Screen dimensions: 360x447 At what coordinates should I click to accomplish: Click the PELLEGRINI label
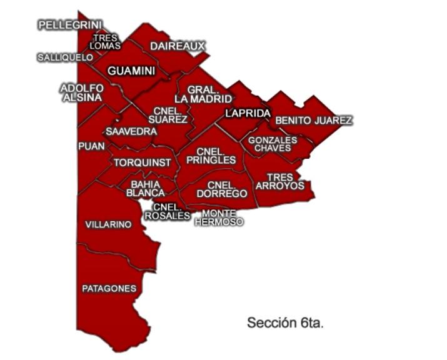[x=70, y=25]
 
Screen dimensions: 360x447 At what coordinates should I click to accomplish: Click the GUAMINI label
[x=131, y=71]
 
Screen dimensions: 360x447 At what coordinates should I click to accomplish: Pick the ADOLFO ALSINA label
[x=82, y=93]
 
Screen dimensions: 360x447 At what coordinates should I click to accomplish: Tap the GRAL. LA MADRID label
[x=203, y=94]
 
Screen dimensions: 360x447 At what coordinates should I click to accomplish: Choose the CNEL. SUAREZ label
[x=169, y=115]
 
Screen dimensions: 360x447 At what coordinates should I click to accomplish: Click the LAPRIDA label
[x=248, y=113]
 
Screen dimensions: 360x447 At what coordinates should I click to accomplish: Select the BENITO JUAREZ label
[x=314, y=120]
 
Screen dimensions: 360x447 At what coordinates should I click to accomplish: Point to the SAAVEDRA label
[x=131, y=132]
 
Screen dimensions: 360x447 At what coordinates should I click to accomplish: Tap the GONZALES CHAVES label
[x=273, y=144]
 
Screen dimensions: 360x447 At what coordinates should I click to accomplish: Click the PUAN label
[x=88, y=146]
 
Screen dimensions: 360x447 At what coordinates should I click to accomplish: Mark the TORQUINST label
[x=142, y=162]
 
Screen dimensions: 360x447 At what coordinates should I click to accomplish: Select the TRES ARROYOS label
[x=279, y=182]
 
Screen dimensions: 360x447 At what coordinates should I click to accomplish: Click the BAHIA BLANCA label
[x=146, y=189]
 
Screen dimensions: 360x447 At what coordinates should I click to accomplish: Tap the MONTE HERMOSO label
[x=218, y=217]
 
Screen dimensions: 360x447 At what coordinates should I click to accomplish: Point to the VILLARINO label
[x=108, y=224]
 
